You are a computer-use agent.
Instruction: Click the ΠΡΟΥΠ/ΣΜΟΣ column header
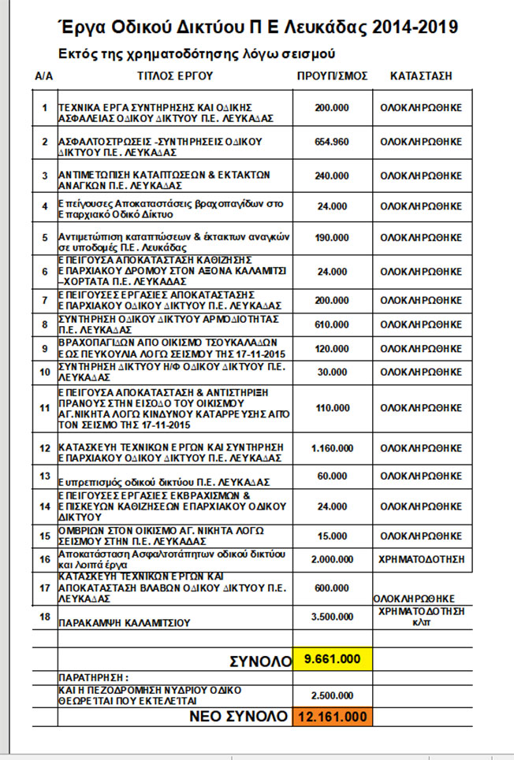click(333, 76)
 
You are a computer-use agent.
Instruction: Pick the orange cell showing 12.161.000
click(332, 717)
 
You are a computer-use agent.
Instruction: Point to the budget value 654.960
click(332, 142)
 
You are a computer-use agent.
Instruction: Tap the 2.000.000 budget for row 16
click(332, 558)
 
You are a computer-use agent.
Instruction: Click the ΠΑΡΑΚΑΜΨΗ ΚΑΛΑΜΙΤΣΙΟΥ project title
click(125, 622)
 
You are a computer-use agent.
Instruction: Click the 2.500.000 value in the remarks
click(332, 695)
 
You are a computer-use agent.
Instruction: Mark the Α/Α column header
click(44, 76)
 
